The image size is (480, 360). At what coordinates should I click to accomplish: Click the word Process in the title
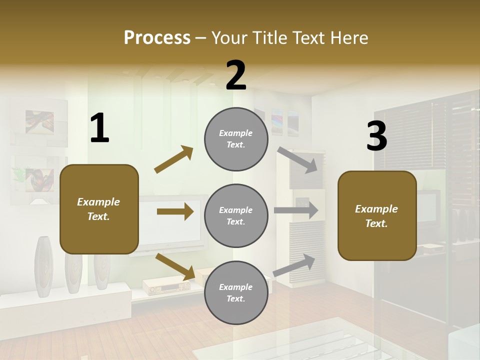[x=157, y=37]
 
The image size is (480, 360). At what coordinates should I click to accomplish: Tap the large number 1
[x=99, y=128]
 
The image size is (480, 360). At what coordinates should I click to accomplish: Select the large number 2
[x=236, y=75]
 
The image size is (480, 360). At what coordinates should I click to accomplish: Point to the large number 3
[x=376, y=136]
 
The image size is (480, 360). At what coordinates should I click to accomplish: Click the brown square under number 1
[x=99, y=209]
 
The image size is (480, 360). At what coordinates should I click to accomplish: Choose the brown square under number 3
[x=377, y=215]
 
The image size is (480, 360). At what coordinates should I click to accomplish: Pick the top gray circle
[x=236, y=139]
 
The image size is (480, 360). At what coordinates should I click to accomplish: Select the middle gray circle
[x=236, y=215]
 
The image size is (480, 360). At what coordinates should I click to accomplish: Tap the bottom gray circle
[x=236, y=292]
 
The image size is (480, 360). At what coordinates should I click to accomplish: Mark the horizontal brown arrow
[x=175, y=211]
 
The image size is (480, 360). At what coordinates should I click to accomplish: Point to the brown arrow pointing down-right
[x=175, y=266]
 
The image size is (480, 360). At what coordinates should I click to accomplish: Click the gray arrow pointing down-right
[x=297, y=160]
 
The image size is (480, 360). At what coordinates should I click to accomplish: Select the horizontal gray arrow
[x=296, y=210]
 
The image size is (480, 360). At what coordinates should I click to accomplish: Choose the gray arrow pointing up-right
[x=294, y=265]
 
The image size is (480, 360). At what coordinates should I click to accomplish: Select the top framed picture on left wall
[x=39, y=122]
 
